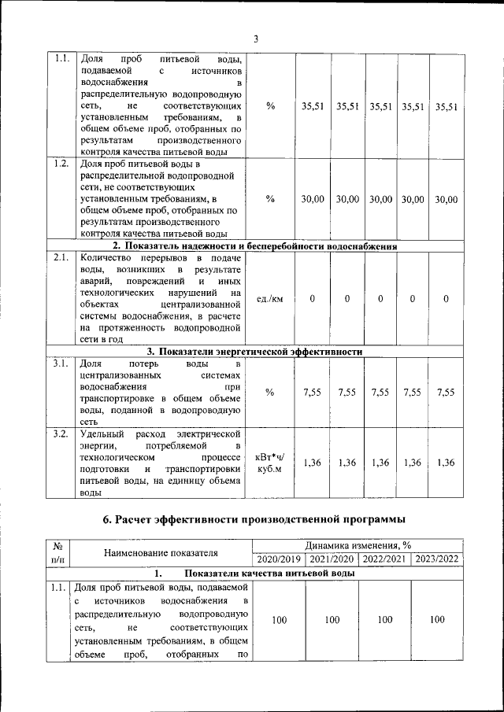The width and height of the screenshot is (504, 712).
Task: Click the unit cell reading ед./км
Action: [x=270, y=299]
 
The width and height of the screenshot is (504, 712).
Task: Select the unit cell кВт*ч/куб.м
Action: [x=270, y=463]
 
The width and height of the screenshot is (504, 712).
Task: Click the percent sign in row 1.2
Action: [x=270, y=199]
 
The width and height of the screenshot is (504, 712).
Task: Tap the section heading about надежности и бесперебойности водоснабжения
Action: [x=253, y=246]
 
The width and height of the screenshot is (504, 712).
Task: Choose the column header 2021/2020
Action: [x=332, y=559]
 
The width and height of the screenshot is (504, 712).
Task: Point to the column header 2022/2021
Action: [x=384, y=559]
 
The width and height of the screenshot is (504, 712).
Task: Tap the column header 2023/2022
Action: [x=436, y=559]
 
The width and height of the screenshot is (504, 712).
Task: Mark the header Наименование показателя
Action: [x=161, y=553]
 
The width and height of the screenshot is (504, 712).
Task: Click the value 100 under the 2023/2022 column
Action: [x=436, y=620]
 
